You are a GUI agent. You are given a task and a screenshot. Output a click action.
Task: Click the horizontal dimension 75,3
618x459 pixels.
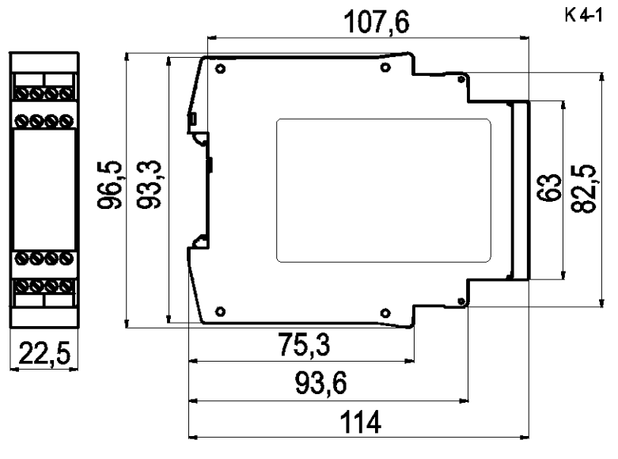click(304, 347)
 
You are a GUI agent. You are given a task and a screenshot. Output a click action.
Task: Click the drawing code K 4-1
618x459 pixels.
click(585, 15)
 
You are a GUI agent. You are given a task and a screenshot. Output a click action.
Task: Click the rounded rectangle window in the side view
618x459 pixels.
click(384, 190)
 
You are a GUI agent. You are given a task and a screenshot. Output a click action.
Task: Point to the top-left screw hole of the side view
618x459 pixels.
click(219, 68)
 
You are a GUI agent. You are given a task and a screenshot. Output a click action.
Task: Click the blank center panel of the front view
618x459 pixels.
click(44, 190)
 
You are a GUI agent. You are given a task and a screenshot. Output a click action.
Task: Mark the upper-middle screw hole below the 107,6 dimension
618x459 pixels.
click(385, 68)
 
